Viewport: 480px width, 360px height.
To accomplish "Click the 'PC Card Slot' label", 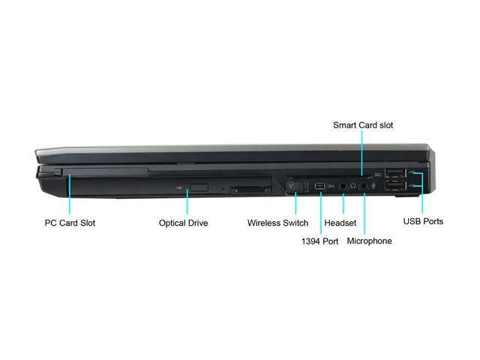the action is pos(70,223).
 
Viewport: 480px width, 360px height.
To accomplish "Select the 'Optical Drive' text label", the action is pos(183,223).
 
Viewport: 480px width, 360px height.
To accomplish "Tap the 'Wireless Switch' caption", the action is pos(277,223).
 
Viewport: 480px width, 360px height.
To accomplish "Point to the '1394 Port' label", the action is pos(320,241).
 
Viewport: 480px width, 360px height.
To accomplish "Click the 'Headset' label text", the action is pos(340,223).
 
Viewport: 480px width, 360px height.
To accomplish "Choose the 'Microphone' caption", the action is pos(369,241).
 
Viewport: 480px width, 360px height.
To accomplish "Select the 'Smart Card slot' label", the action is pos(363,125).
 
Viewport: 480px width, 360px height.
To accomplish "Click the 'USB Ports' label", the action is pos(423,221).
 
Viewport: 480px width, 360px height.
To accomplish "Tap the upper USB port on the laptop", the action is pos(396,175).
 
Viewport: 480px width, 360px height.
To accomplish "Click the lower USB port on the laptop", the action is pos(396,187).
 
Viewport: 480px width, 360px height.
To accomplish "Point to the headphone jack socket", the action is pos(343,184).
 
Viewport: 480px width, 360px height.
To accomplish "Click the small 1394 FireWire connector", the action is pos(320,184).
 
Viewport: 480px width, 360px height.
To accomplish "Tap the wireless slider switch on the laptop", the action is pos(295,184).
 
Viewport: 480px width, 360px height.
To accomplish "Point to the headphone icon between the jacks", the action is pos(353,184).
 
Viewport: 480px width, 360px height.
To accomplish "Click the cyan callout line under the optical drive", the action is pos(187,202).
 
